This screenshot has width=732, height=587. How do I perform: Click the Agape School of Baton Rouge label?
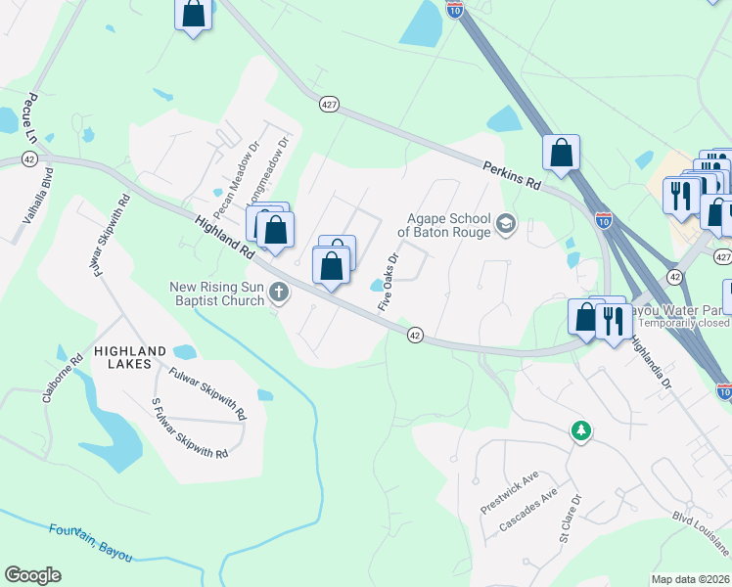445,226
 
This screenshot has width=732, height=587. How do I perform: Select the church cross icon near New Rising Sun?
279,292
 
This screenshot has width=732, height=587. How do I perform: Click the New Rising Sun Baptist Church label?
217,293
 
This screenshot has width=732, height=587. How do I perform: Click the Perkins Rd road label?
512,175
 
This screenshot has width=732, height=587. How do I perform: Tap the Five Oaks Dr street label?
388,284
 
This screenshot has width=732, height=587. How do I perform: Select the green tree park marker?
581,430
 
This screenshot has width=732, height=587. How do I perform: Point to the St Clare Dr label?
570,519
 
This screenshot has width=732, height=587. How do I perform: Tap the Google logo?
32,575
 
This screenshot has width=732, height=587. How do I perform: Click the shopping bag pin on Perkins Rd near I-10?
562,154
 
